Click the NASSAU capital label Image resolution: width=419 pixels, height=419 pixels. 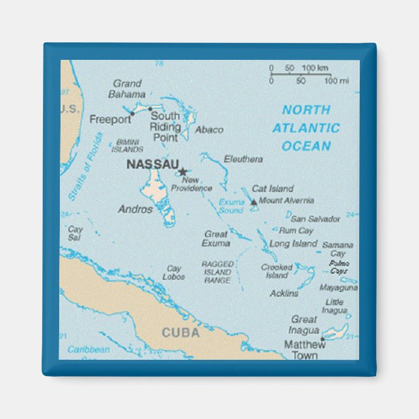(152, 165)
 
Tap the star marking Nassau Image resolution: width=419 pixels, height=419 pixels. (183, 171)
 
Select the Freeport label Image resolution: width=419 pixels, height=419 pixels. (110, 119)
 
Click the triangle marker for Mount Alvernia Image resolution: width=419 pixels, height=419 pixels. (254, 202)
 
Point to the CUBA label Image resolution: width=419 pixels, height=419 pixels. (180, 332)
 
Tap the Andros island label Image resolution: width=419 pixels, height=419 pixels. (135, 209)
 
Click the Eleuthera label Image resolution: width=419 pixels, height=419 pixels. (243, 159)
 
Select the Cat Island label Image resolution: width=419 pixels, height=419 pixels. (272, 189)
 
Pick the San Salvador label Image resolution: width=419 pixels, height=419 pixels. (316, 219)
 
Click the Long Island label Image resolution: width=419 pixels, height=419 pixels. (293, 243)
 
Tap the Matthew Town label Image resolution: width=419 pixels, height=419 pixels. (304, 349)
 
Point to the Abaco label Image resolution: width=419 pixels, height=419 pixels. (209, 129)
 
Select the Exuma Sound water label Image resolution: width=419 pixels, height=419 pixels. (231, 206)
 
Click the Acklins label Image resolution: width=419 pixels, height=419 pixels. (284, 293)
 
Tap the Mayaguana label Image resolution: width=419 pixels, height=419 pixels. (338, 287)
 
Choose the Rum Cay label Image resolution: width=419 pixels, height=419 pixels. (296, 230)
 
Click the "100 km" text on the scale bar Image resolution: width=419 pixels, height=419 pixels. (315, 68)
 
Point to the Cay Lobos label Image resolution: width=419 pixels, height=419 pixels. (174, 273)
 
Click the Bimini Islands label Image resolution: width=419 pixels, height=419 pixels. (128, 145)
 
